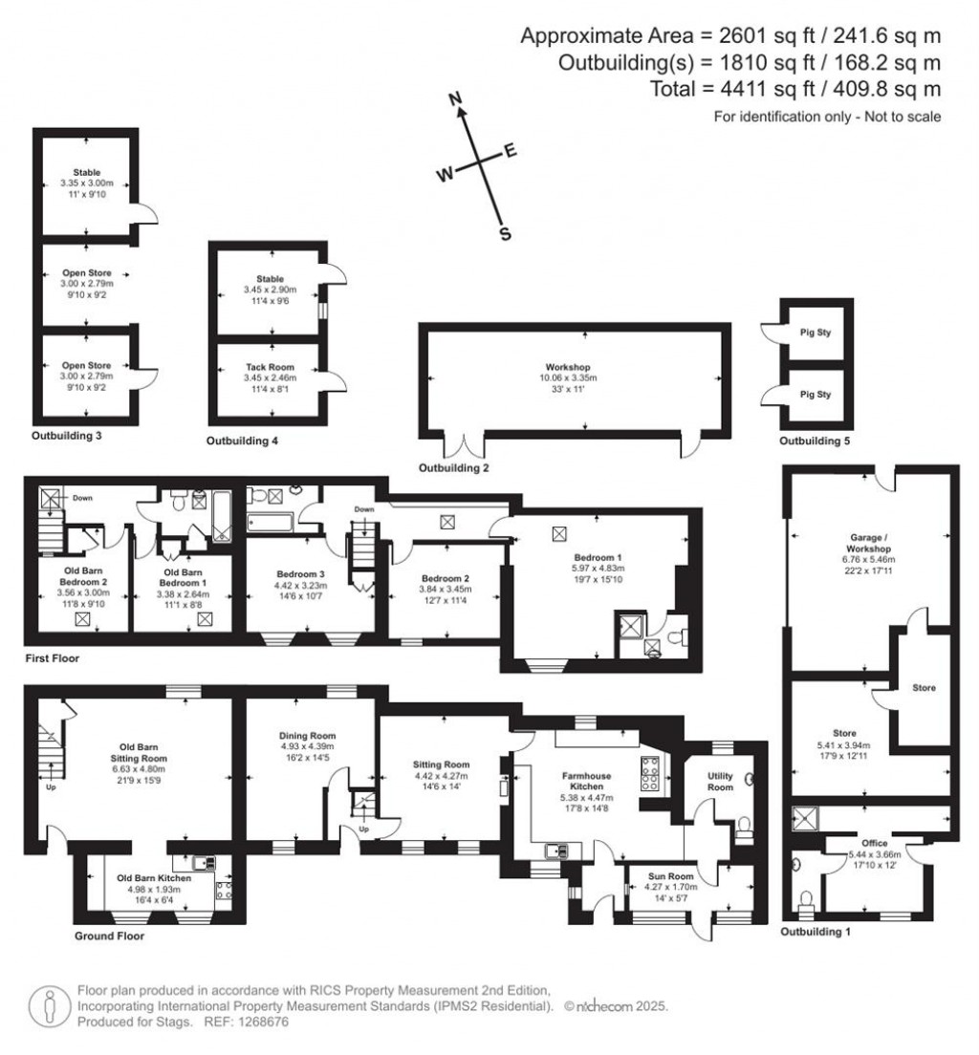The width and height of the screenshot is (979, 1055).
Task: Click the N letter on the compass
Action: pos(456,99)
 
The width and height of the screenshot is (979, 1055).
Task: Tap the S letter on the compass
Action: pos(505,234)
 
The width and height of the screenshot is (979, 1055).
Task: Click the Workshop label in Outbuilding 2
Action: pos(568,367)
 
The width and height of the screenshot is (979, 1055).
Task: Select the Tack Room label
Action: pos(270,367)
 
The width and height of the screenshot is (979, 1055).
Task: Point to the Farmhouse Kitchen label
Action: pos(586,781)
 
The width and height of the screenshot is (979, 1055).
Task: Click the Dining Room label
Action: pos(307,736)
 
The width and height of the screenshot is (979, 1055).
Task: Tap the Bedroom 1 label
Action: pos(598,557)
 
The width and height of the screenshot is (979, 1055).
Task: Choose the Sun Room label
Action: pos(670,876)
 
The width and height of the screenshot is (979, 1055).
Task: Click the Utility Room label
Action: pos(720,781)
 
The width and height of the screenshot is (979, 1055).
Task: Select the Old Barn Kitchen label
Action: pos(154,878)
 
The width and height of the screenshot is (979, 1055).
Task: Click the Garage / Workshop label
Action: pos(869,542)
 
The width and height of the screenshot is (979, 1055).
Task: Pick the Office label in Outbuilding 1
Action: pos(875,843)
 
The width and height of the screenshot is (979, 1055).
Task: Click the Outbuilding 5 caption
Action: pos(815,441)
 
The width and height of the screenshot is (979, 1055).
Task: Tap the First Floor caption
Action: pos(53,658)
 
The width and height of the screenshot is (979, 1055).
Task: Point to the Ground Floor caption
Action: pos(109,936)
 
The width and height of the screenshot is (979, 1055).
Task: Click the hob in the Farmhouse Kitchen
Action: pos(650,773)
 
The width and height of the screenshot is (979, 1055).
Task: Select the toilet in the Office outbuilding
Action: pos(806,901)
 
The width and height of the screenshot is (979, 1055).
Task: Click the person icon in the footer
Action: pos(50,1006)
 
